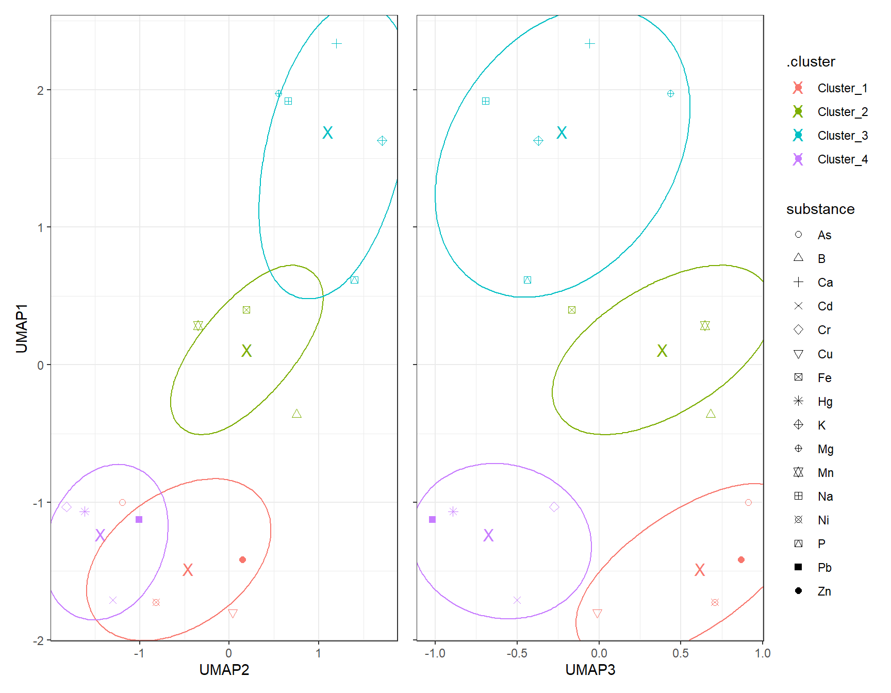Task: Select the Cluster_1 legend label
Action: [842, 88]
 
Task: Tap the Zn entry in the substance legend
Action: [824, 591]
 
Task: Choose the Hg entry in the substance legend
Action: [824, 402]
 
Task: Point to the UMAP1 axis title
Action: [22, 328]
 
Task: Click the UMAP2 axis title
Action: [224, 670]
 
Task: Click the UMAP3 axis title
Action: [590, 670]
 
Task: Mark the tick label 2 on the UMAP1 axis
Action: [40, 91]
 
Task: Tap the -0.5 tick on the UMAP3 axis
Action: [517, 653]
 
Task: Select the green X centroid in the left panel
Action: [246, 351]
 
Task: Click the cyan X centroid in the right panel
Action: [562, 133]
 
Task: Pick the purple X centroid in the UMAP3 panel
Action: [488, 536]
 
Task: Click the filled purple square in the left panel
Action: [139, 519]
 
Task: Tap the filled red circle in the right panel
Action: [741, 559]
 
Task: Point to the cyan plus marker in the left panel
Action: [336, 44]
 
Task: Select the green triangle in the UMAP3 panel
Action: [711, 414]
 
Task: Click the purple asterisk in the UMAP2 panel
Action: [85, 511]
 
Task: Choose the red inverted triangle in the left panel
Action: [233, 613]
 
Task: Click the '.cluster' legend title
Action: [811, 62]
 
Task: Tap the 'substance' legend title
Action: [820, 209]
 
